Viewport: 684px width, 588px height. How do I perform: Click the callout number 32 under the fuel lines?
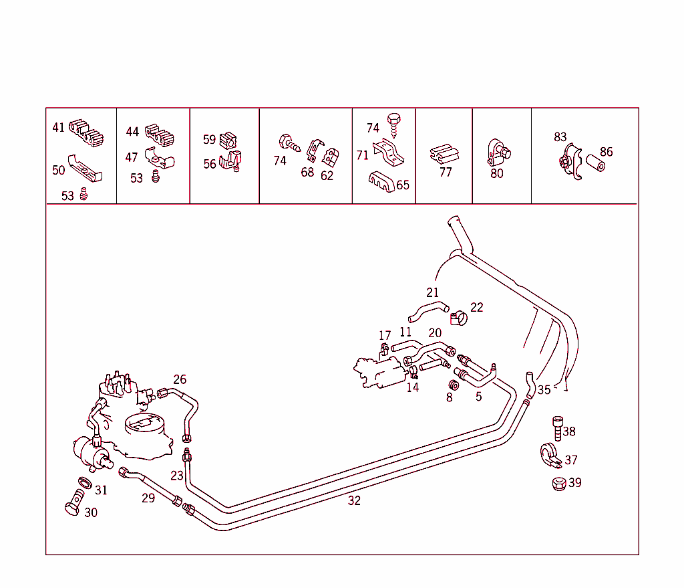(354, 500)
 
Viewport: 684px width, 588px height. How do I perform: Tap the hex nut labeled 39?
(559, 484)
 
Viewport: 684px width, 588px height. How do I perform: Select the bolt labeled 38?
(558, 429)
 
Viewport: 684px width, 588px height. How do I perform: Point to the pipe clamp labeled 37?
(550, 456)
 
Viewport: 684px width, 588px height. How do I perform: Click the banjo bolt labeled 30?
(75, 503)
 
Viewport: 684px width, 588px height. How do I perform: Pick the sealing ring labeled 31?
(85, 483)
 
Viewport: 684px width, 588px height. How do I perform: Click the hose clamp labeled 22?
(459, 318)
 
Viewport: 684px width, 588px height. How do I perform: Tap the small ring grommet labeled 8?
(454, 385)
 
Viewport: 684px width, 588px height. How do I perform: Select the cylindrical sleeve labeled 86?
(595, 163)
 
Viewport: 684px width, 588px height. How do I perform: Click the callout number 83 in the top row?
(560, 137)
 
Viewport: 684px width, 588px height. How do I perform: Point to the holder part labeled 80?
(498, 153)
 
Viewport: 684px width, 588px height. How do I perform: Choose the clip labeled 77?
(444, 154)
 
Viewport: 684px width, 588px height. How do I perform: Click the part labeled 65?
(381, 181)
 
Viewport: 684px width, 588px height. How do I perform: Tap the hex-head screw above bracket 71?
(394, 125)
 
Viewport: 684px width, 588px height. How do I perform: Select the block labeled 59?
(228, 140)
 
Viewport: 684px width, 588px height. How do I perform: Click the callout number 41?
(59, 128)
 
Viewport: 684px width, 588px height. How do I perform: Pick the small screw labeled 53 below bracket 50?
(83, 194)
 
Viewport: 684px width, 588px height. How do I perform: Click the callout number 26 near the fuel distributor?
(180, 379)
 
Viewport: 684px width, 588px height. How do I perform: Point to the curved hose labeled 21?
(428, 311)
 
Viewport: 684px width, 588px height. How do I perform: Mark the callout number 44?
(132, 132)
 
